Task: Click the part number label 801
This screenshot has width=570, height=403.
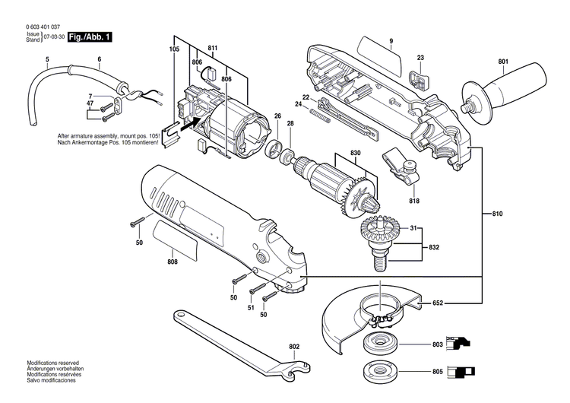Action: pos(503,62)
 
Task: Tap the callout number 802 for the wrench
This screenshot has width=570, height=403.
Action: pos(294,346)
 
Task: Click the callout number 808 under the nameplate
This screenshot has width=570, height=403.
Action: pos(173,262)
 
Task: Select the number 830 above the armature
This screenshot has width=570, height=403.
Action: pos(355,153)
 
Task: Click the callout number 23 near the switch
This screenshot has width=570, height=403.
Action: pos(420,58)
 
